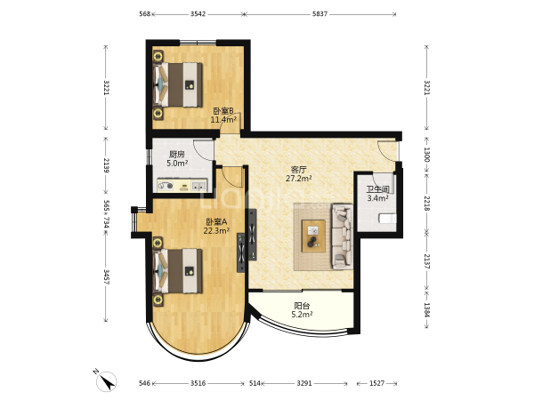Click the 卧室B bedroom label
(x=223, y=111)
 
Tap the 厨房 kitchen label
(x=177, y=155)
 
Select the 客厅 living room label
(x=299, y=170)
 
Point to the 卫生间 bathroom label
(x=377, y=189)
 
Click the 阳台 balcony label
(x=302, y=306)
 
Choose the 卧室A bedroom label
(x=216, y=222)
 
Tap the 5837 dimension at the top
(x=320, y=14)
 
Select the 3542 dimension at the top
(x=198, y=14)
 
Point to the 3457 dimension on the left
(x=107, y=277)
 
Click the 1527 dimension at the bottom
(x=376, y=383)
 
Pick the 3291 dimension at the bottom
(x=304, y=383)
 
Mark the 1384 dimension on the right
(x=426, y=310)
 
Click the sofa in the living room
(x=343, y=236)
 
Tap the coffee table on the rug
(x=313, y=236)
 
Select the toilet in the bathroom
(x=388, y=219)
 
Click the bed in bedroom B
(x=179, y=84)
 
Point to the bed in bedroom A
(x=179, y=271)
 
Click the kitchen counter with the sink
(x=182, y=186)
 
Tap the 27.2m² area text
(x=299, y=179)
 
